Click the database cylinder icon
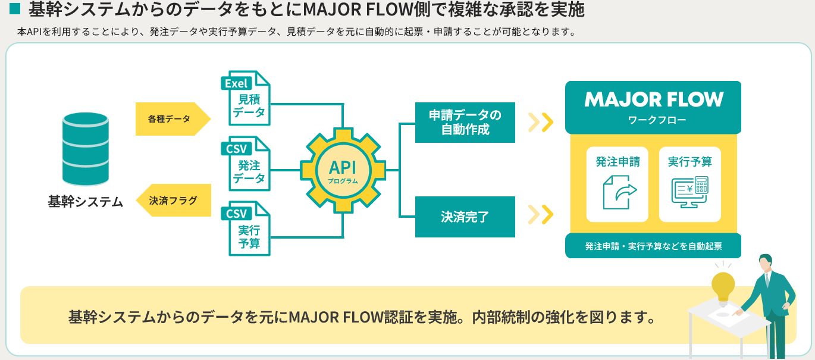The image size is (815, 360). (x=86, y=149)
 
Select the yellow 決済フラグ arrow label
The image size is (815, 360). (x=174, y=200)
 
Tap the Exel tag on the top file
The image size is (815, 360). (x=237, y=83)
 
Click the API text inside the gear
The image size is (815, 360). (x=343, y=167)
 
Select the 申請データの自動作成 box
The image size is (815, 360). (x=465, y=123)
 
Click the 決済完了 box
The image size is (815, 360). (x=465, y=217)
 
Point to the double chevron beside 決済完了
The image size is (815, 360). (x=541, y=214)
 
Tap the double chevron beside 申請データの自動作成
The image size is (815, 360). (x=541, y=123)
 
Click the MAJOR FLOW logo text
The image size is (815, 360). (x=653, y=99)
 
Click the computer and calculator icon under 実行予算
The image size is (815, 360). (x=690, y=192)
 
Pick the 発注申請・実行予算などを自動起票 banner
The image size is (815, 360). (x=653, y=246)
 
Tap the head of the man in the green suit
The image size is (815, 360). (x=765, y=262)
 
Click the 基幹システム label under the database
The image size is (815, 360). (x=86, y=202)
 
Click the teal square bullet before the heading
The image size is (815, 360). (x=15, y=9)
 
